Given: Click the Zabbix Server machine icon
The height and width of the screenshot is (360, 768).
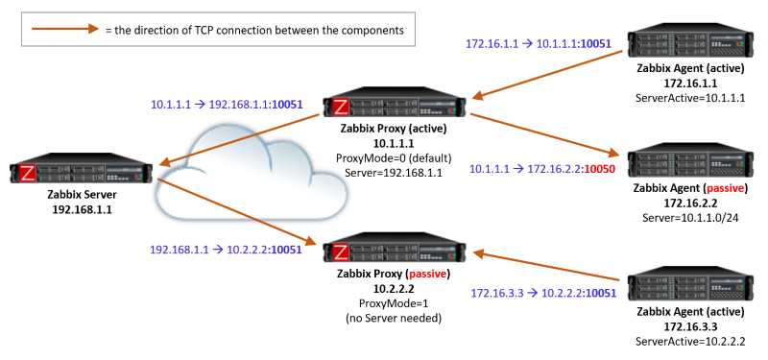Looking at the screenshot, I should (x=82, y=173).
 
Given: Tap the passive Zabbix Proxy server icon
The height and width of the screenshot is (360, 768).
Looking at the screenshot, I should (x=395, y=252).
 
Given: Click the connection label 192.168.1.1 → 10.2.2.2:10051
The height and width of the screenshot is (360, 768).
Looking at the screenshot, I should (x=227, y=249).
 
